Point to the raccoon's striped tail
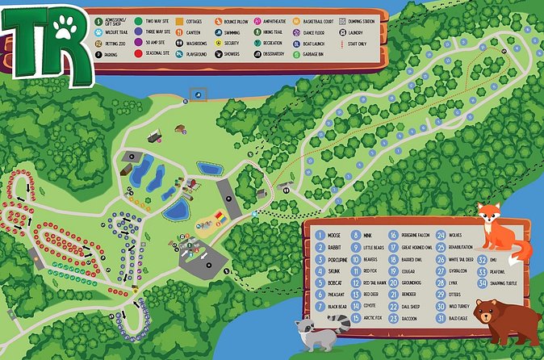tap(341, 324)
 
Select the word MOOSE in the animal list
tap(334, 235)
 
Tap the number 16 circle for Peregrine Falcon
tap(395, 235)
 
